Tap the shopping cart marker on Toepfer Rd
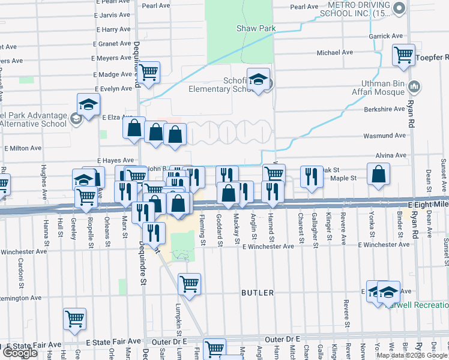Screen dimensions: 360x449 404,55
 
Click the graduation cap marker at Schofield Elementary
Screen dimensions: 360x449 259,79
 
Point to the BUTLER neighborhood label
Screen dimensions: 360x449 258,293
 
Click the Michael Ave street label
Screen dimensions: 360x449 335,53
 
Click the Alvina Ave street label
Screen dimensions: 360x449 388,155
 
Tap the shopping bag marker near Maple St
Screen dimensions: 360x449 379,175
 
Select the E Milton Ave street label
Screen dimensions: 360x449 23,148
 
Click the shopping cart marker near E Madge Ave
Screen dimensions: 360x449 148,73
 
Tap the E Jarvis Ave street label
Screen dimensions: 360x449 113,14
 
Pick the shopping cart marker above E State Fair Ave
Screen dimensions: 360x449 75,320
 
